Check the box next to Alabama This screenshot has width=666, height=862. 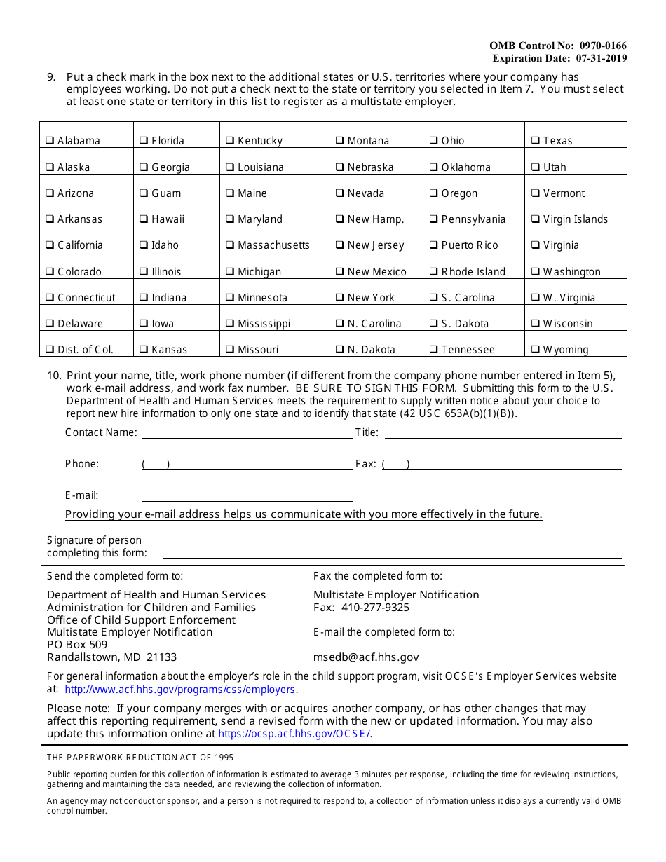coord(50,140)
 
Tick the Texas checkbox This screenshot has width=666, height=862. coord(536,140)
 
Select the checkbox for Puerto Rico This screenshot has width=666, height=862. coord(435,245)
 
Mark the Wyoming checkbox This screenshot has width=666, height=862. coord(536,349)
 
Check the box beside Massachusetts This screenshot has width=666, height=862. coord(231,245)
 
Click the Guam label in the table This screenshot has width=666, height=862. coord(166,193)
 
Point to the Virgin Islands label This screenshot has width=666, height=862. coord(576,219)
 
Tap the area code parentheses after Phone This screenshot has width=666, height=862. coord(156,464)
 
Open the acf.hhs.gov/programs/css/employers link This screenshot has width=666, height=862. coord(182,690)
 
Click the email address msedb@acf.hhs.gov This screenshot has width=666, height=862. coord(366,657)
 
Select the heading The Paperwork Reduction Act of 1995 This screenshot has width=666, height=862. coord(140,758)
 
